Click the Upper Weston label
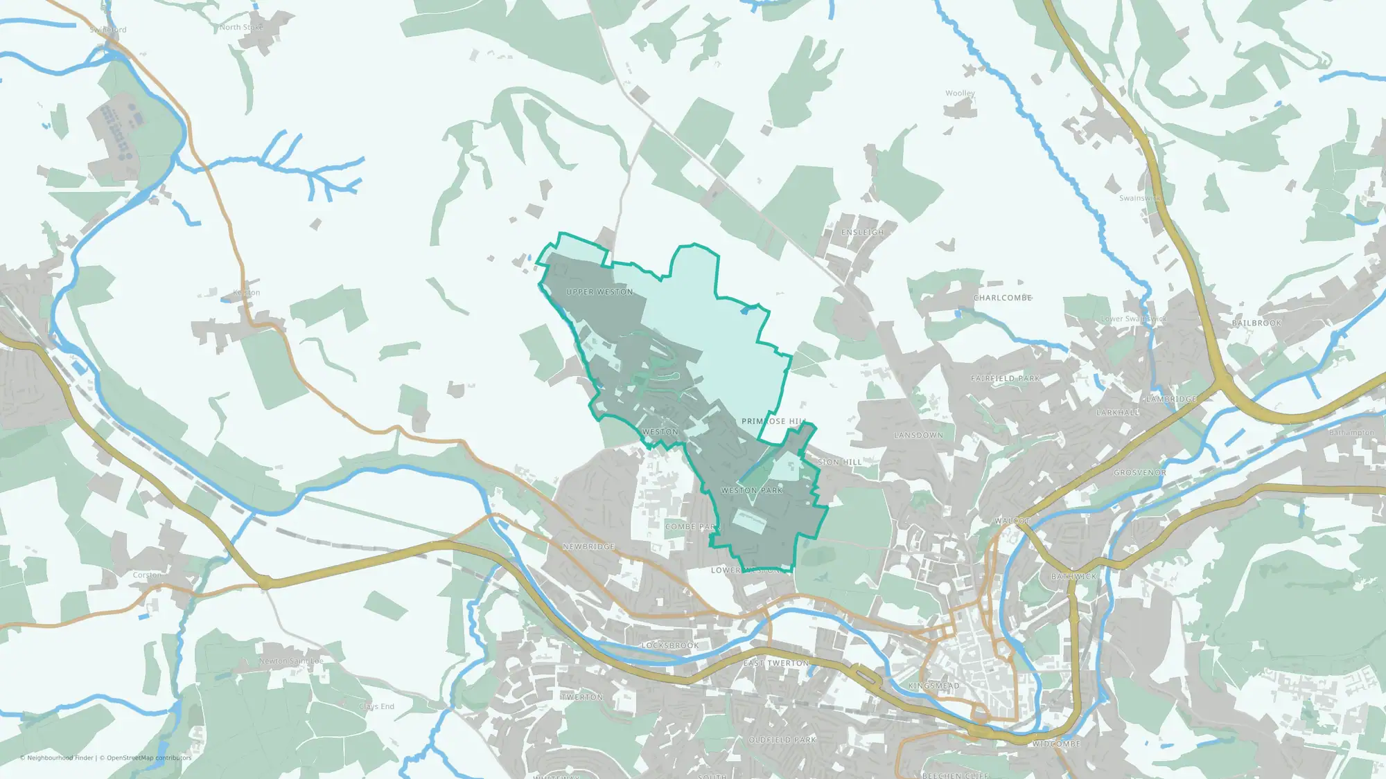coord(599,292)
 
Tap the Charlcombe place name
coord(1003,298)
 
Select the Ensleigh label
coord(863,233)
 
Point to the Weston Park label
coord(752,490)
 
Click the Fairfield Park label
coord(1006,379)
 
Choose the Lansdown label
coord(918,436)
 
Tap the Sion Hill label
coord(840,462)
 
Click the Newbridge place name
coord(589,546)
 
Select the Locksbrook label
coord(670,645)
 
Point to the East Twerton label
coord(776,663)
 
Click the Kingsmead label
coord(934,686)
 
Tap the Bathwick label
coord(1074,577)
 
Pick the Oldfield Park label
coord(782,740)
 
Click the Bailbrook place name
coord(1256,323)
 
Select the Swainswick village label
coord(1140,198)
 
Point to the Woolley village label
coord(960,93)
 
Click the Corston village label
coord(147,575)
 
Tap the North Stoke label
coord(241,28)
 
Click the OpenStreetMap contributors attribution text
coord(148,758)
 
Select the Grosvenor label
coord(1140,473)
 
